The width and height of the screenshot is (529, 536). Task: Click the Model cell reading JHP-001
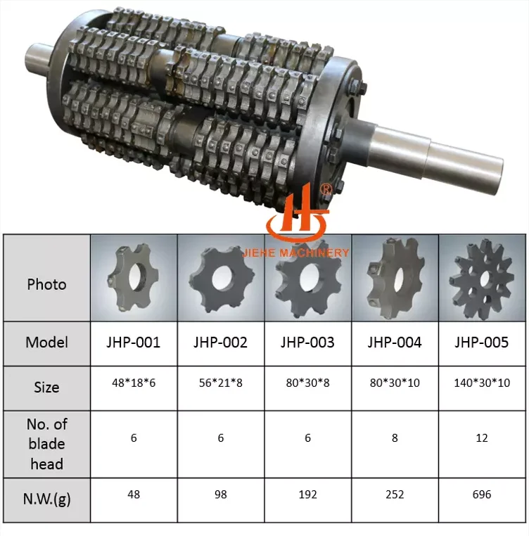tap(134, 343)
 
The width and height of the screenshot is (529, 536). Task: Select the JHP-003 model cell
tap(307, 343)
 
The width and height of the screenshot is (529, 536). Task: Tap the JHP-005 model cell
tap(481, 343)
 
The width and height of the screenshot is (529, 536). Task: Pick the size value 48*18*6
tap(134, 386)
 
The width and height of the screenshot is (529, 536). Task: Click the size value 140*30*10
tap(481, 386)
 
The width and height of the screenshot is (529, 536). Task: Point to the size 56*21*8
tap(221, 386)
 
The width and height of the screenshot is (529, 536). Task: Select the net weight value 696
tap(481, 494)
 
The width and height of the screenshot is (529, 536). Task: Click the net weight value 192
tap(307, 494)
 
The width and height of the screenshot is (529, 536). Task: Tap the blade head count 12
tap(481, 438)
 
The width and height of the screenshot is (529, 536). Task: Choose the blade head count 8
tap(395, 438)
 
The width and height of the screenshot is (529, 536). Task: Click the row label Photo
tap(46, 284)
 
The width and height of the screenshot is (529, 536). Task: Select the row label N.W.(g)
tap(46, 499)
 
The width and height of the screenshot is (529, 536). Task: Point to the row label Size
tap(46, 387)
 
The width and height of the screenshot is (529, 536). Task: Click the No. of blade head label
tap(46, 444)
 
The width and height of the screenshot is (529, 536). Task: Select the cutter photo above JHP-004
tap(395, 277)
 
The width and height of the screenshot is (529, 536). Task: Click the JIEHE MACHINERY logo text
tap(307, 253)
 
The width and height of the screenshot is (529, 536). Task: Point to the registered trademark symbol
tap(326, 190)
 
